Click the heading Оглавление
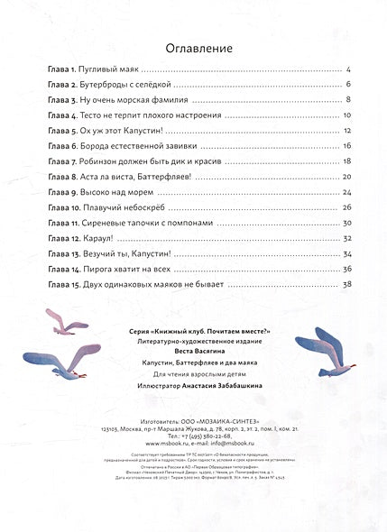pos(193,49)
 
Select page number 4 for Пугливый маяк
pos(347,70)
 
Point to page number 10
pos(346,117)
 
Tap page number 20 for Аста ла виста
pos(346,177)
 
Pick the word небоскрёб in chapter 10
pos(149,207)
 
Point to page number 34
pos(346,253)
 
